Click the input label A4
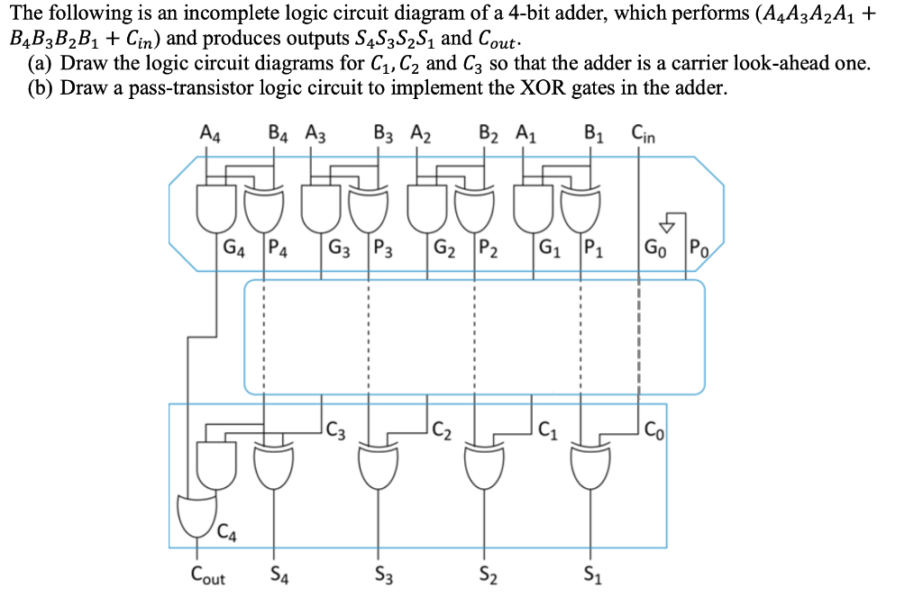tap(209, 136)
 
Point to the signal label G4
tap(233, 246)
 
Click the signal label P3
tap(382, 246)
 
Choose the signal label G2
tap(444, 246)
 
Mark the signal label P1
tap(593, 246)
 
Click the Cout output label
tap(208, 574)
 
